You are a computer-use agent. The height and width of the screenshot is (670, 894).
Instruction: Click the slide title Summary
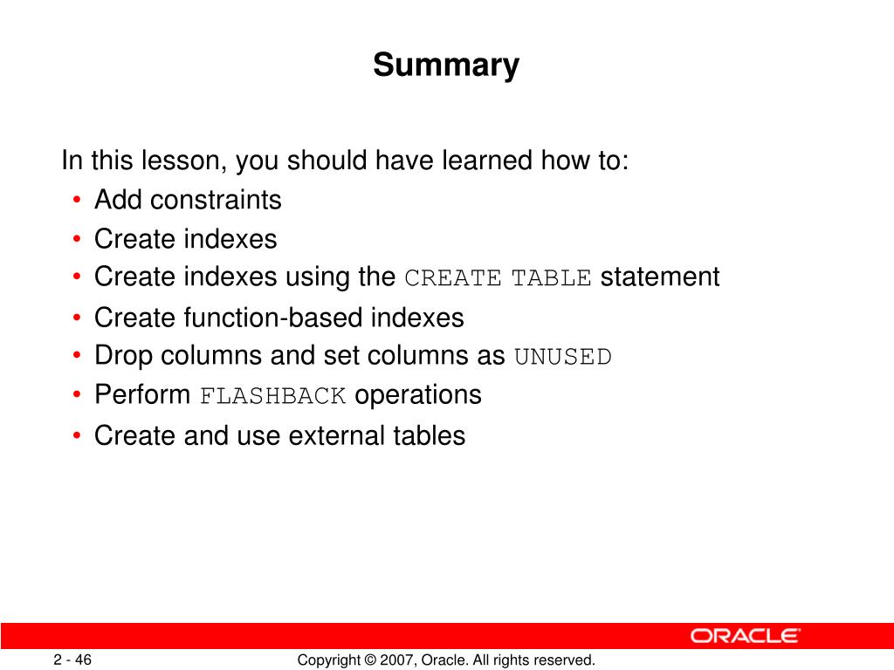[x=446, y=65]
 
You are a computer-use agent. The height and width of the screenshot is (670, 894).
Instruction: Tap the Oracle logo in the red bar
[x=746, y=636]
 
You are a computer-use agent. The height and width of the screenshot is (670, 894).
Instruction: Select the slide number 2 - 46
[x=72, y=660]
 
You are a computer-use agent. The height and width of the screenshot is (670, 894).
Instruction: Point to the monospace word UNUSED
[x=563, y=357]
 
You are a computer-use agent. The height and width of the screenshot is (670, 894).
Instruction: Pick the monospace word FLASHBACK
[x=272, y=396]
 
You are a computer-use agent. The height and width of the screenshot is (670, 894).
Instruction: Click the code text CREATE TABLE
[x=498, y=278]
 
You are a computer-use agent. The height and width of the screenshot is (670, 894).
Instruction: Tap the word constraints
[x=217, y=200]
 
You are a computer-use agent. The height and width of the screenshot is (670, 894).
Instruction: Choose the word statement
[x=660, y=277]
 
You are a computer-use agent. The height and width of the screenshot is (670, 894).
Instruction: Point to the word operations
[x=418, y=395]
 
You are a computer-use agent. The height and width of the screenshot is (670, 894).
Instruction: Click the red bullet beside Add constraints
[x=77, y=200]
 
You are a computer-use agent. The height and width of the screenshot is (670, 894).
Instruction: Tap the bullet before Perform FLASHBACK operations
[x=77, y=395]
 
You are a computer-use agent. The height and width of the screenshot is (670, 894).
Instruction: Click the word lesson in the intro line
[x=180, y=161]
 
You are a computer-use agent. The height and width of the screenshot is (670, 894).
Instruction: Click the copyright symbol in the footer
[x=370, y=660]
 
